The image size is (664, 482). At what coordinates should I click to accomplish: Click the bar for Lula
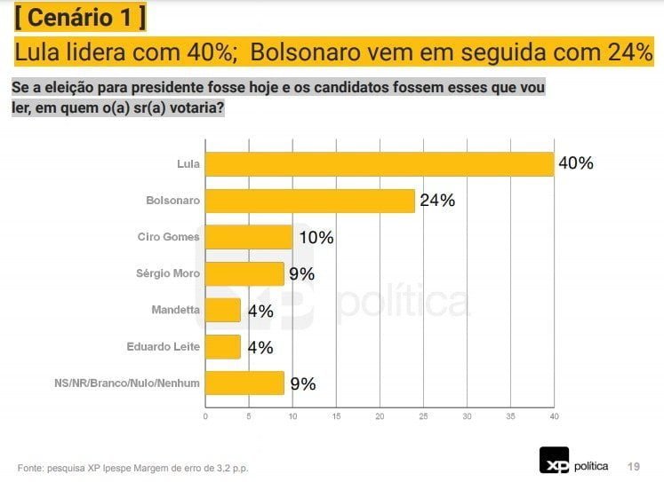(x=380, y=164)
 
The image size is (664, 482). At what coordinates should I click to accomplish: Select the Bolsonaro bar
(x=310, y=201)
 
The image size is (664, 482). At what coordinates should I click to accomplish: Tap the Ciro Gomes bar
(x=249, y=237)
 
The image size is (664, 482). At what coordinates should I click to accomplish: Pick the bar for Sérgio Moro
(x=244, y=273)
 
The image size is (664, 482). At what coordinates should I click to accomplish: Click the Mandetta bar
(x=223, y=311)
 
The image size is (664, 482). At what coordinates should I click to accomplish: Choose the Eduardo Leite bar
(x=223, y=347)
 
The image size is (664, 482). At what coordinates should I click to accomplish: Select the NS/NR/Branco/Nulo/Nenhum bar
(x=244, y=383)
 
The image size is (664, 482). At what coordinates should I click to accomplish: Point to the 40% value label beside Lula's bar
(x=576, y=163)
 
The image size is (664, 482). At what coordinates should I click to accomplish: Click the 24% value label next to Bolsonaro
(x=437, y=201)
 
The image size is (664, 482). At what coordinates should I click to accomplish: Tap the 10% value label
(x=316, y=237)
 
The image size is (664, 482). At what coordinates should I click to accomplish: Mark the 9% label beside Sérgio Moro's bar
(x=302, y=274)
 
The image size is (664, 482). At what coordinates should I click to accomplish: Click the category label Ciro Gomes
(x=168, y=237)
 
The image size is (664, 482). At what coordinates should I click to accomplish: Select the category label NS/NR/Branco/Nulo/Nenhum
(x=127, y=383)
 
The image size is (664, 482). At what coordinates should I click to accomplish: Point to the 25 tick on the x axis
(x=423, y=416)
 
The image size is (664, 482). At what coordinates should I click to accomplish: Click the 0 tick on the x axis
(x=205, y=416)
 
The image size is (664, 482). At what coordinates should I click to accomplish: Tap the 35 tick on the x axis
(x=511, y=416)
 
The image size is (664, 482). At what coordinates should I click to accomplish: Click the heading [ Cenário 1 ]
(x=80, y=18)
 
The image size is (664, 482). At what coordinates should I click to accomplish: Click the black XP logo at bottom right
(x=554, y=460)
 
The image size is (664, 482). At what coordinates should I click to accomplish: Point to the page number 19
(x=634, y=466)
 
